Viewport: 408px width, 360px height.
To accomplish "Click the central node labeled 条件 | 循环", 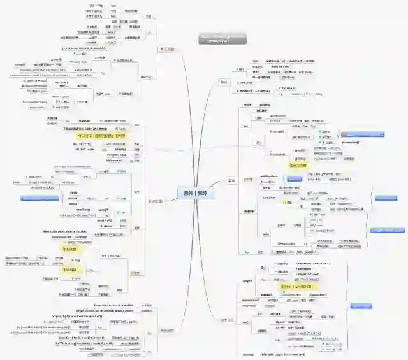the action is (196, 194).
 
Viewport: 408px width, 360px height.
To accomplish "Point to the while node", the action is (247, 104).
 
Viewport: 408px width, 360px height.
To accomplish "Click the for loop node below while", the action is (245, 126).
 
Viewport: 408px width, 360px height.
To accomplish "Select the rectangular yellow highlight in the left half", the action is (102, 136).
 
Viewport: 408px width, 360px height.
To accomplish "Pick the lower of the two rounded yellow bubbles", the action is (69, 270).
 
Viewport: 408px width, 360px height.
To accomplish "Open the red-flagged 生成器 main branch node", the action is (168, 49).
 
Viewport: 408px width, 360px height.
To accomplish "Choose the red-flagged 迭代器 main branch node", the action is (157, 202).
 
